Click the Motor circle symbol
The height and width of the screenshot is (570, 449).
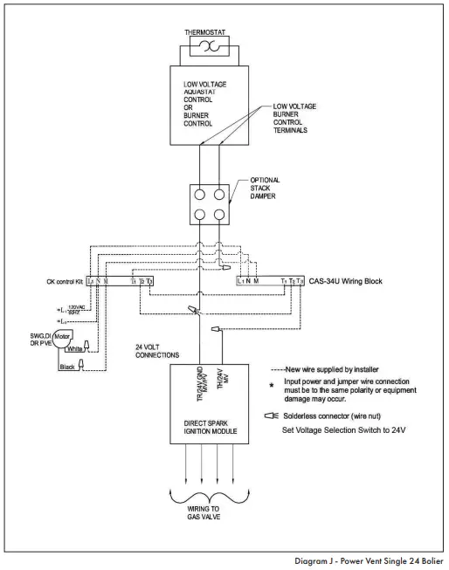click(60, 335)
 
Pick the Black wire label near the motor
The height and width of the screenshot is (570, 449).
click(66, 367)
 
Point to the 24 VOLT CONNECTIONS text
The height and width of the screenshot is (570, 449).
click(135, 353)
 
